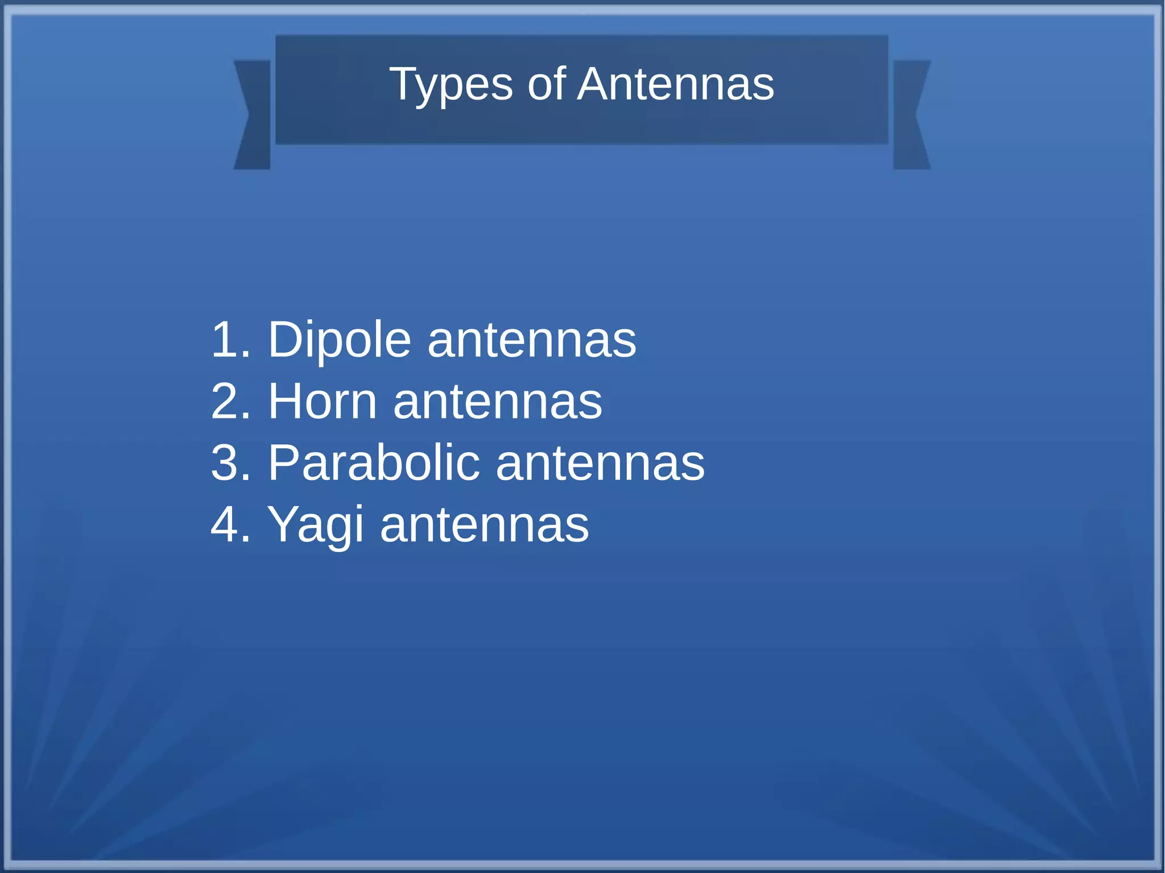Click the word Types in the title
pos(451,85)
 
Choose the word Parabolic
pos(374,463)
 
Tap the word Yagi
pos(315,525)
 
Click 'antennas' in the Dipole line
pos(532,341)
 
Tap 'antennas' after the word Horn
pos(498,403)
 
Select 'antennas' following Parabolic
pos(600,464)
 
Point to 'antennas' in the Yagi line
pos(485,526)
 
